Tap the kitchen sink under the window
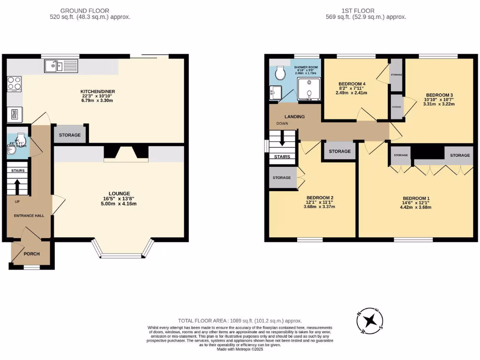(x=61, y=67)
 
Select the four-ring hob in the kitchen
(x=14, y=83)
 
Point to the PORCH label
(x=32, y=254)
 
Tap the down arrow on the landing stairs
(x=283, y=139)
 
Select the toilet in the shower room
(x=280, y=73)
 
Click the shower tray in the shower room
(x=309, y=89)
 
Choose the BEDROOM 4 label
(x=352, y=84)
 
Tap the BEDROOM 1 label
(x=416, y=197)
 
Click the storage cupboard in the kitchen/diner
(x=70, y=135)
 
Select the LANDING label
(x=294, y=117)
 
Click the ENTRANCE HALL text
(x=29, y=216)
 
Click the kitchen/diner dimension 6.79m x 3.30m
(x=97, y=101)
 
